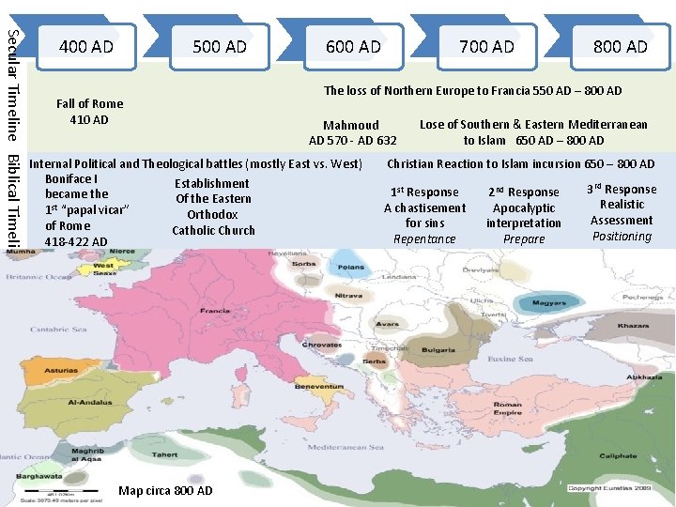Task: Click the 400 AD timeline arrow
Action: point(85,46)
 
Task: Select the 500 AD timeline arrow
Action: point(219,46)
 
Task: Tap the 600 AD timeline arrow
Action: point(353,46)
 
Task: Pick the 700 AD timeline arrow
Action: point(486,46)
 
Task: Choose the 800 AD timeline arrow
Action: point(621,46)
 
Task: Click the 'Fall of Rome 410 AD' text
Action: point(89,112)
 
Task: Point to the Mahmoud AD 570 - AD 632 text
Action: point(352,132)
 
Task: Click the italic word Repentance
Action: point(424,239)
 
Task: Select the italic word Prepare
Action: point(524,239)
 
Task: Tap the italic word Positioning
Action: point(622,237)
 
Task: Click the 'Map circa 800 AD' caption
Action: point(165,491)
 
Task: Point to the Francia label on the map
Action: point(215,311)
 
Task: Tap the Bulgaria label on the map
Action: point(439,349)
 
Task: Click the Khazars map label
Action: point(634,326)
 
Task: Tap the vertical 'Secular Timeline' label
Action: point(11,80)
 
